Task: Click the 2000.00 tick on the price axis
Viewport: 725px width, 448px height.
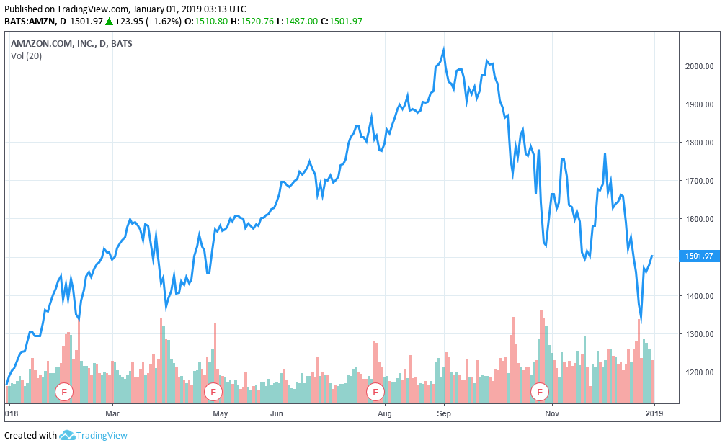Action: (698, 66)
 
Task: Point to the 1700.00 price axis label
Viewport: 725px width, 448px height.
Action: (698, 181)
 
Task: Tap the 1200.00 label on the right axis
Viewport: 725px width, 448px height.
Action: (698, 372)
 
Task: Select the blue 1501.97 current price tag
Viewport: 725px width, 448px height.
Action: (698, 256)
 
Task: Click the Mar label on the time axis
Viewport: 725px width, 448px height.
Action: (112, 413)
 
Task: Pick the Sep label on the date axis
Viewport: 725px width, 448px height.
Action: (444, 413)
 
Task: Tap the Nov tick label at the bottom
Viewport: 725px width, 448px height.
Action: (552, 413)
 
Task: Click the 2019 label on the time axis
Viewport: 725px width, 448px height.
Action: (653, 413)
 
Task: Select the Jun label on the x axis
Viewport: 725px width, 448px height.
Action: (277, 413)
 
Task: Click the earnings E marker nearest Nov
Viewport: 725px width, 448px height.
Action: (541, 392)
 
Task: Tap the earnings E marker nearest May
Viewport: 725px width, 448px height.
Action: (213, 392)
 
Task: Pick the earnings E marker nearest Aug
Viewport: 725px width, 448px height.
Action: (375, 392)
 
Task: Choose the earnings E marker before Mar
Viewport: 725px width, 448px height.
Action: (64, 392)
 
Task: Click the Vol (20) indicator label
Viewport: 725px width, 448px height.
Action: (26, 56)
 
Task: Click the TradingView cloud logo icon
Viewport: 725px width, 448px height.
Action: (67, 435)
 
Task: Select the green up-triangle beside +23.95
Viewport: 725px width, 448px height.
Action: (109, 21)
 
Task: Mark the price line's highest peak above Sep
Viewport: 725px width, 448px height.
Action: (443, 49)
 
